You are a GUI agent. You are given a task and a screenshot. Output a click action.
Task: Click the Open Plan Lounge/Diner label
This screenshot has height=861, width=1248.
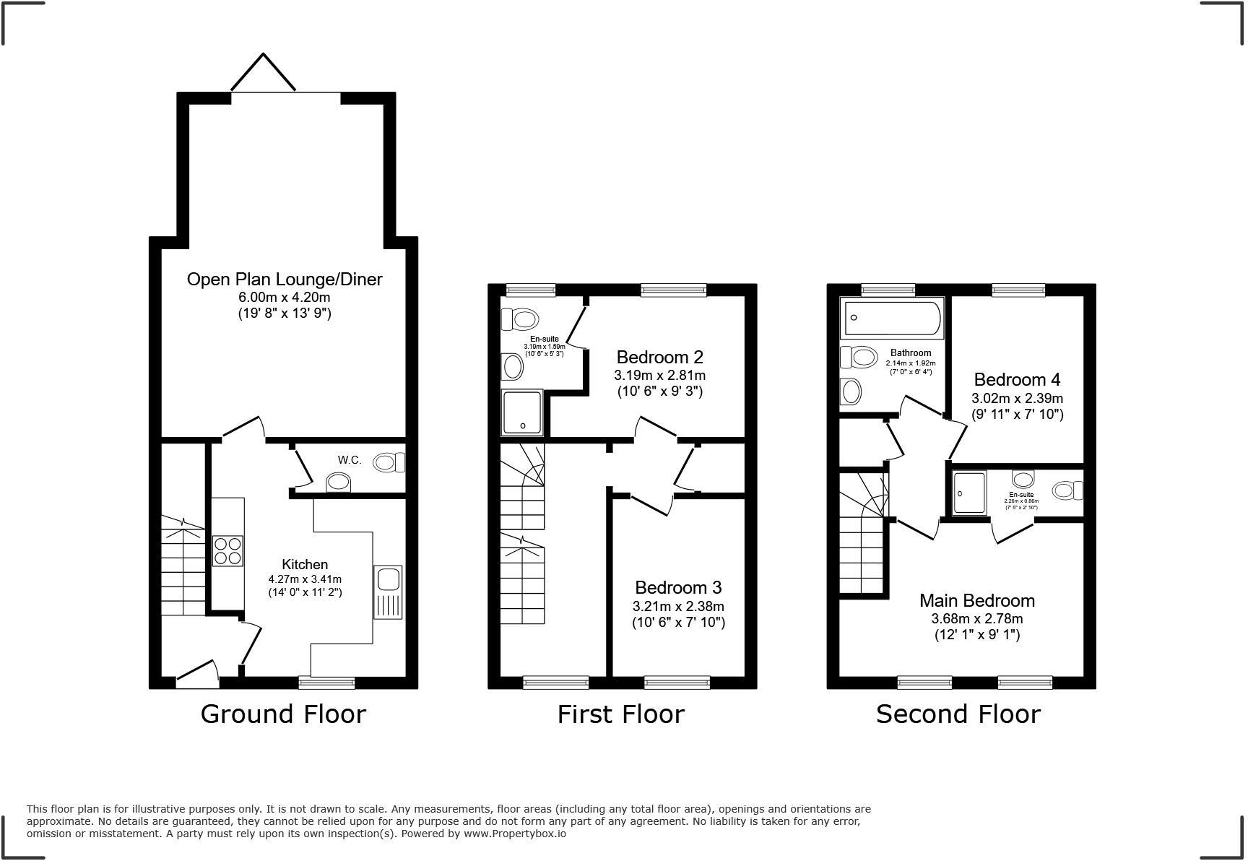[285, 280]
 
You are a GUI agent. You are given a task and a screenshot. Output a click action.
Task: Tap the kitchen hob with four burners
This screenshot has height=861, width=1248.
[227, 550]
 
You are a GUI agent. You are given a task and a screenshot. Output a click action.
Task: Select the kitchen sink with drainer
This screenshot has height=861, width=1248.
[388, 592]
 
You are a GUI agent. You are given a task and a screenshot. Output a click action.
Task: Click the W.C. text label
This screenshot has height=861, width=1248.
[350, 460]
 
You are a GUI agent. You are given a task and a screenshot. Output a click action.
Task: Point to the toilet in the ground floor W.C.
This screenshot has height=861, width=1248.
[389, 462]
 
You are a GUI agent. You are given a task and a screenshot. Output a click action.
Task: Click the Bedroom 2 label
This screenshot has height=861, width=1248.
[659, 357]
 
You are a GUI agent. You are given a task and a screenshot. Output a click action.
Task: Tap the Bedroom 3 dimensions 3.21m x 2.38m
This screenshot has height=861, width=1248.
[678, 607]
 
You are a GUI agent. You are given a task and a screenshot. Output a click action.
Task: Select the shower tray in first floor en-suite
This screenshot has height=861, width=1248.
[522, 413]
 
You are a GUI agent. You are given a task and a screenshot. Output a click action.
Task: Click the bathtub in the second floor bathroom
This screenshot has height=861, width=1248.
[893, 319]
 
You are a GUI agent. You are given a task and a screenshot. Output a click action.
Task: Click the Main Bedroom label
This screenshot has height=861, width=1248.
[976, 601]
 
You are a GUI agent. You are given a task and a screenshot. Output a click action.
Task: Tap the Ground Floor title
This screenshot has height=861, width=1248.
[283, 714]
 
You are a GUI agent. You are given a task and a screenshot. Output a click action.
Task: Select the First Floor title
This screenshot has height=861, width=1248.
[620, 714]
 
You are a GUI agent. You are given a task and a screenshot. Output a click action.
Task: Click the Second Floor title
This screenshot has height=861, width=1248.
[958, 714]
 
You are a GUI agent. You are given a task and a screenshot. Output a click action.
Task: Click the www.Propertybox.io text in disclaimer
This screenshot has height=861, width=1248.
[514, 834]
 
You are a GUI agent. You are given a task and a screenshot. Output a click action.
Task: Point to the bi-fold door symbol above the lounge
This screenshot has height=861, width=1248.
[263, 72]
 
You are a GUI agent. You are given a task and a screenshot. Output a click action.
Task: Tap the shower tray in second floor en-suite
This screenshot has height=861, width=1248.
[969, 493]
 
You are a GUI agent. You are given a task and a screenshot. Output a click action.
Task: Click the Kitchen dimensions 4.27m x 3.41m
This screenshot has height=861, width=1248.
[305, 579]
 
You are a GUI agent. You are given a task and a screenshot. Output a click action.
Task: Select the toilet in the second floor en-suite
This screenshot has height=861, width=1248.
[1067, 490]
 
